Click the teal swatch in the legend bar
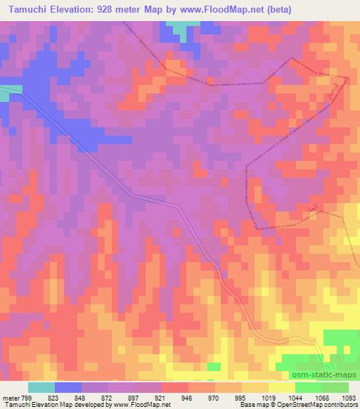click(x=41, y=387)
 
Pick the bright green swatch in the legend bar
click(x=334, y=387)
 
